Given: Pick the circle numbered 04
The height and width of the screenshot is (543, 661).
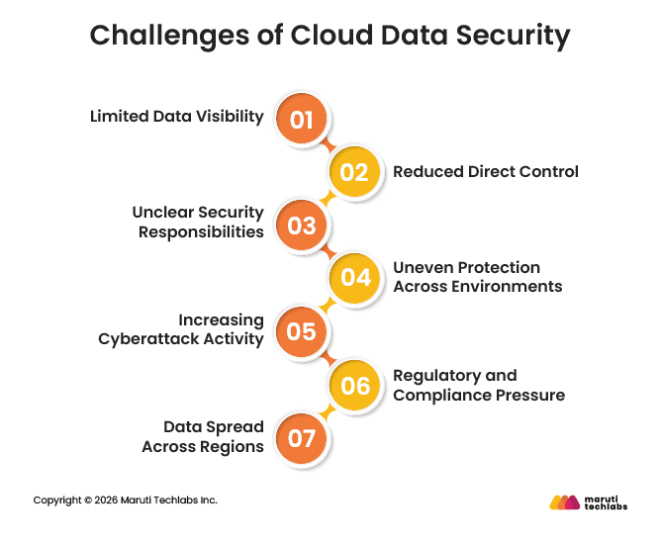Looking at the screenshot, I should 354,278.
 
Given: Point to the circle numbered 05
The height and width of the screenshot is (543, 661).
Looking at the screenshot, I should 301,330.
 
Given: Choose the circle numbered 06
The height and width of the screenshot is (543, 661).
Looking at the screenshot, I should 354,383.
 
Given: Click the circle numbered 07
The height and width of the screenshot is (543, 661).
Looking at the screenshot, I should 301,436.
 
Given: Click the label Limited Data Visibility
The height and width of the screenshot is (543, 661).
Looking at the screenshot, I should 176,117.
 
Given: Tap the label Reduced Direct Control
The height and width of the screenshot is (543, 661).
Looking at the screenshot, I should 485,171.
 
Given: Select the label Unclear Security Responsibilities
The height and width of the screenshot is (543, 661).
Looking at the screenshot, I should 198,223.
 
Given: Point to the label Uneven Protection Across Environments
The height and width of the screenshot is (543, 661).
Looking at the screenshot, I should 477,277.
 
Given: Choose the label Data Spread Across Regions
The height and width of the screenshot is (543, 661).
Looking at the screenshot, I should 203,436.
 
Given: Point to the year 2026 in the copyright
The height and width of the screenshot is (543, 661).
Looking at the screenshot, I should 106,499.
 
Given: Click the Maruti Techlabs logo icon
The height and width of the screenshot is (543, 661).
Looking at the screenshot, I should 564,502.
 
